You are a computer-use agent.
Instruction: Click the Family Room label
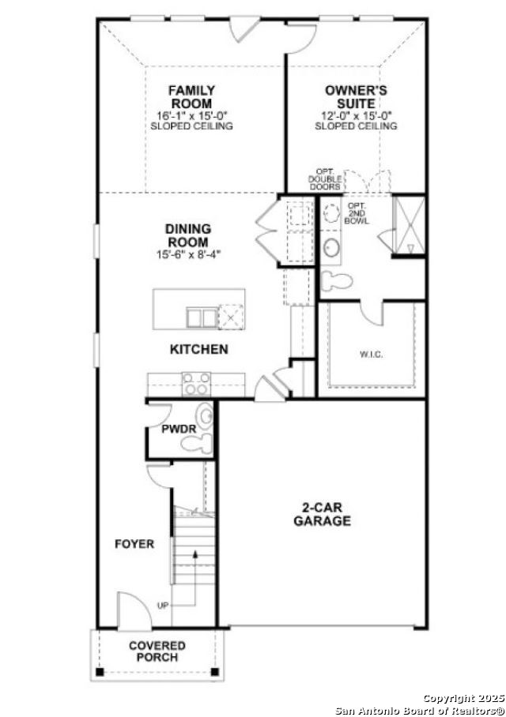(191, 97)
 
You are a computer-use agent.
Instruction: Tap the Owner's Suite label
(356, 97)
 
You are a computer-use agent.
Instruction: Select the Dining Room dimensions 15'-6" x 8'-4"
(188, 255)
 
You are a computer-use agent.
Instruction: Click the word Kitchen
(199, 348)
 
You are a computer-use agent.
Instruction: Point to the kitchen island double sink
(201, 317)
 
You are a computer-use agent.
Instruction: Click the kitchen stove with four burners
(195, 384)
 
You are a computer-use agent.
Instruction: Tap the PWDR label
(179, 430)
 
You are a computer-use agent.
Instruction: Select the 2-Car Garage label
(322, 515)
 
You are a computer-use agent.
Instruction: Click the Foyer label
(134, 544)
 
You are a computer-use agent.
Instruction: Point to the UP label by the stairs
(163, 606)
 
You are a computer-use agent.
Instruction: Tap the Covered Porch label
(157, 651)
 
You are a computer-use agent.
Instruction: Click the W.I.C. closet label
(371, 355)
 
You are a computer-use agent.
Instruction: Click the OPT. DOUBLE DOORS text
(325, 180)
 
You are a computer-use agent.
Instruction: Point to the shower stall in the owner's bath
(410, 227)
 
